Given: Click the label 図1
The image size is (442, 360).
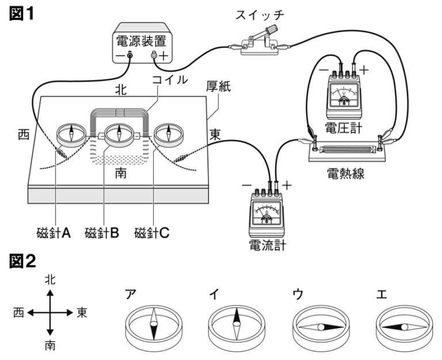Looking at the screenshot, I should tap(22, 13).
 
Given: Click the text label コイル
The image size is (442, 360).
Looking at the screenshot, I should tap(169, 80).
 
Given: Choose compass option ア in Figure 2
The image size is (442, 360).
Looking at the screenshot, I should tap(154, 325).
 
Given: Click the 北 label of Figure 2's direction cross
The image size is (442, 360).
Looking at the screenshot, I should tap(51, 279).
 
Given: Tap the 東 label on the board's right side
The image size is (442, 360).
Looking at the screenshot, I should tap(215, 134).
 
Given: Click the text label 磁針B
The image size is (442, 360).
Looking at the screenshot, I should tap(102, 233).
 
